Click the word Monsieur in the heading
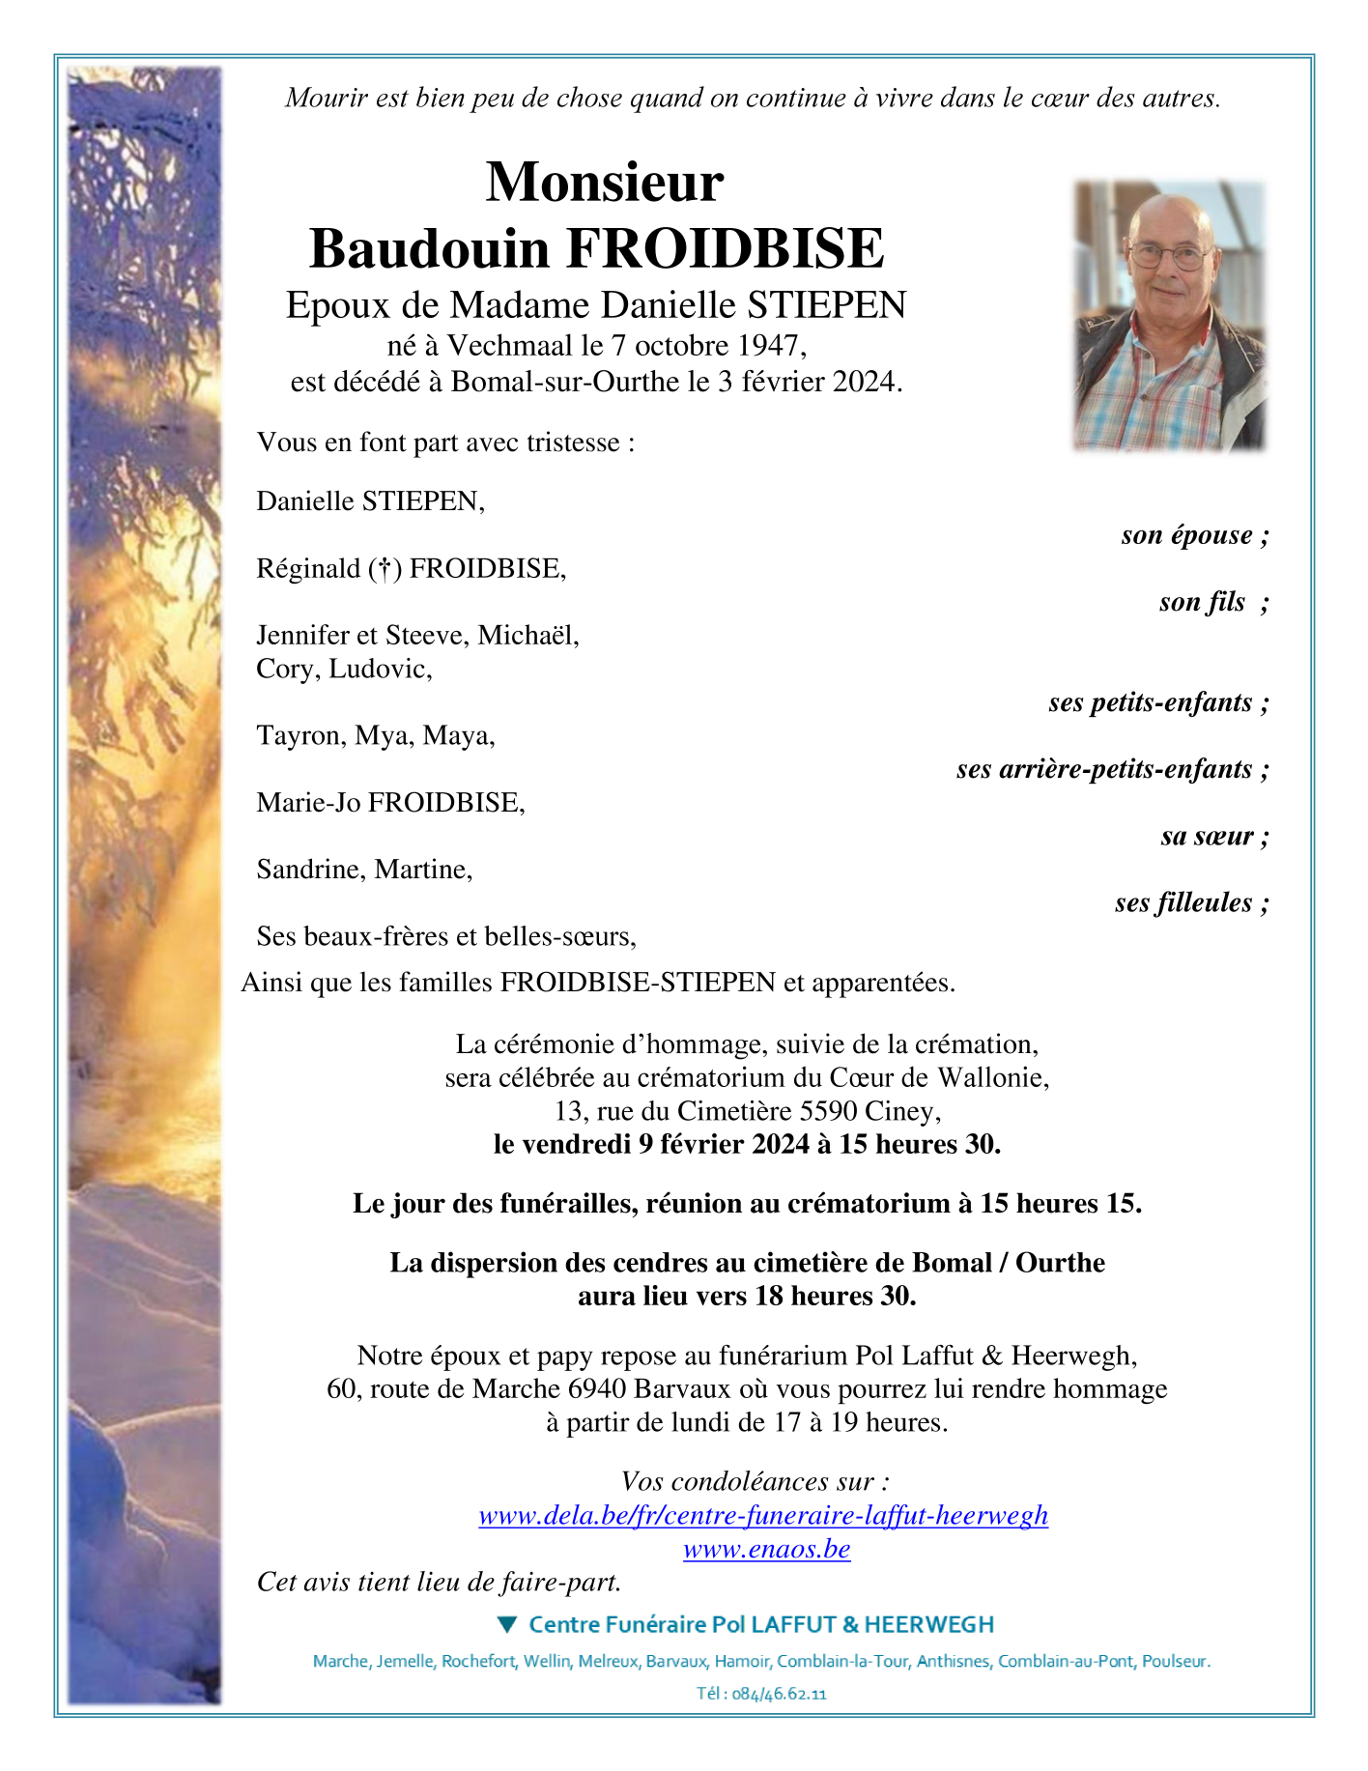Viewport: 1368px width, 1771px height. tap(604, 182)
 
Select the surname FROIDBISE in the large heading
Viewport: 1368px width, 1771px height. tap(725, 248)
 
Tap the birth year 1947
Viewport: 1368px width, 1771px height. tap(771, 345)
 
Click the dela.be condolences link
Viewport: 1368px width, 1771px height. tap(763, 1515)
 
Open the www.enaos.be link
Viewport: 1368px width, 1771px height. tap(766, 1549)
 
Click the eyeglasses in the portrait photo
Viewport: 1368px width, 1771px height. tap(1169, 257)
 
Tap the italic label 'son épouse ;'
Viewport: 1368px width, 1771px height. tap(1194, 535)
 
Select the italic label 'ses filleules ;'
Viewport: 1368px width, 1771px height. tap(1190, 902)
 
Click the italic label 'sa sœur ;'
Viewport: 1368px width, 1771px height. tap(1214, 836)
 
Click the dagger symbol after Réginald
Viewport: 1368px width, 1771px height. tap(385, 569)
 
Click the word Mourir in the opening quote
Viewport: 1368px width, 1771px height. tap(324, 98)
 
